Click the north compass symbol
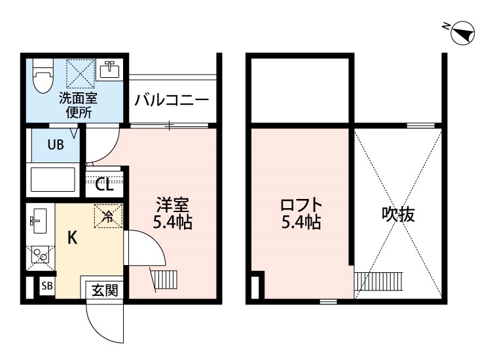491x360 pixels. [x=464, y=33]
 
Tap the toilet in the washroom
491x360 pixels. [x=43, y=78]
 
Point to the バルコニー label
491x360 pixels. [x=172, y=101]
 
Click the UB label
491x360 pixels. [x=54, y=145]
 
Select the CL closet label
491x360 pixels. [x=104, y=185]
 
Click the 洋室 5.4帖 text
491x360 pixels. [x=172, y=212]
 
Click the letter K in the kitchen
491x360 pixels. [x=72, y=237]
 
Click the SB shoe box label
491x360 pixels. [x=46, y=285]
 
